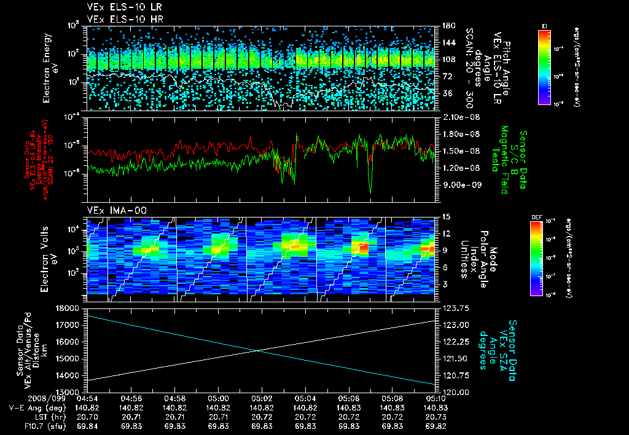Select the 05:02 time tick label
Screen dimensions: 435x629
click(262, 398)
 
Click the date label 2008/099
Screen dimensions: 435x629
click(25, 398)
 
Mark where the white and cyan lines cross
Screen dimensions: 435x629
click(257, 350)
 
